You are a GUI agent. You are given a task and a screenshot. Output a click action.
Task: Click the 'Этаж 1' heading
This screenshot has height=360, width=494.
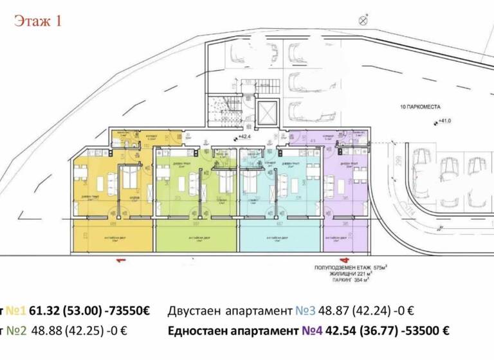(x=38, y=21)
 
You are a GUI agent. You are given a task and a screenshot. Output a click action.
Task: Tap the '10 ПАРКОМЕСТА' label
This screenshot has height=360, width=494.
(x=419, y=105)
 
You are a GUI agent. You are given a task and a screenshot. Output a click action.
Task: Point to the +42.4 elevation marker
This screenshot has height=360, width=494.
(x=244, y=137)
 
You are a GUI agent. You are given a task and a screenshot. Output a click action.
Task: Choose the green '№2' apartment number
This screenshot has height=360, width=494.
(x=16, y=331)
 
